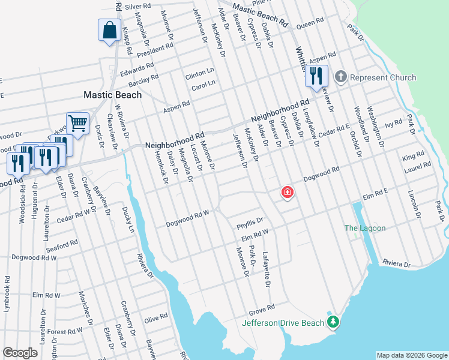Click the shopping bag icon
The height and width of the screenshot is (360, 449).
[110, 31]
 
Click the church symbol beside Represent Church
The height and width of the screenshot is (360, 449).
[340, 77]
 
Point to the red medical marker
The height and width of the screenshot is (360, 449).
[288, 193]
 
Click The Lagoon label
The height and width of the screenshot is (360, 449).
[364, 228]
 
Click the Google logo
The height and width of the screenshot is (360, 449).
[20, 353]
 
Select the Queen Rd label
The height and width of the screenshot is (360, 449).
[310, 25]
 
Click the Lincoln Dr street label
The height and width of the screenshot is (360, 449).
[413, 204]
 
